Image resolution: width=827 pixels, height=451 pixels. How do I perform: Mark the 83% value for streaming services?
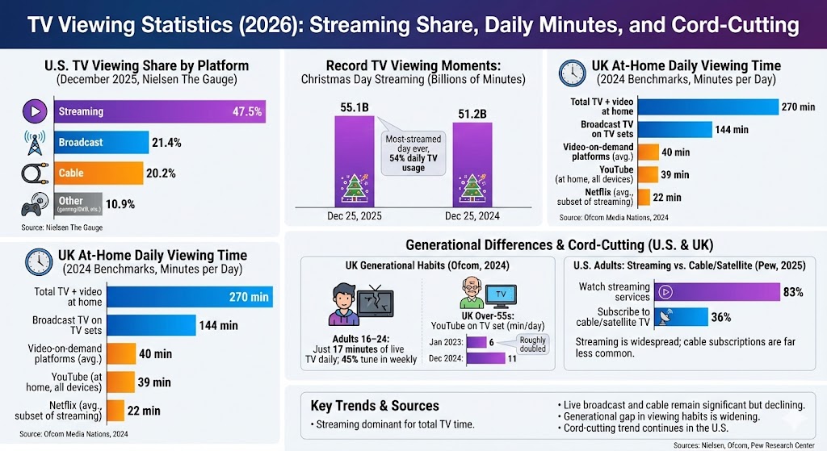tap(793, 291)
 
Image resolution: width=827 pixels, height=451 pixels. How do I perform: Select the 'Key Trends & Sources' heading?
tap(375, 406)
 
